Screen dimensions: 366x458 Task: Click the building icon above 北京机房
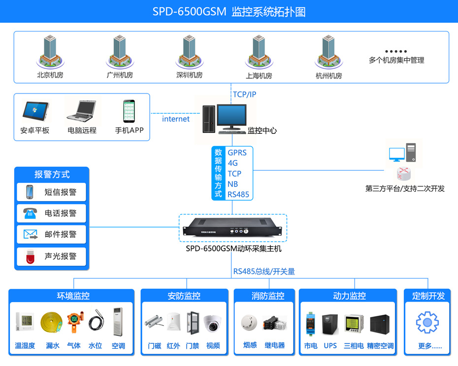[x=50, y=51]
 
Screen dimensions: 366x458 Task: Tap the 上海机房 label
[x=259, y=76]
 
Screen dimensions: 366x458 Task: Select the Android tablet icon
[x=35, y=112]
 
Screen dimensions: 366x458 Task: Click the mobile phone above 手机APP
[x=129, y=111]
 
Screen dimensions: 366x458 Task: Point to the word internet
[x=176, y=119]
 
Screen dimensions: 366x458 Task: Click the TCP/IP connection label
[x=244, y=94]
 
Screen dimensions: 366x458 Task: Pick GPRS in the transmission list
[x=237, y=152]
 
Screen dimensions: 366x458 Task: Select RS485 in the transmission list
[x=238, y=194]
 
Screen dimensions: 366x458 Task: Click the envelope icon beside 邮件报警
[x=30, y=234]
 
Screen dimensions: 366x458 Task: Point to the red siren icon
[x=30, y=256]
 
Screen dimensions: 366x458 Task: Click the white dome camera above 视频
[x=213, y=322]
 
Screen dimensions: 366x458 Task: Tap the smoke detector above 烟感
[x=250, y=323]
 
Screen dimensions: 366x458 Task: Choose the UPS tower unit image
[x=329, y=324]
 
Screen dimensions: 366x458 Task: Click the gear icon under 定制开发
[x=426, y=323]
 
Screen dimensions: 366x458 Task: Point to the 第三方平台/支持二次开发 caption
[x=405, y=188]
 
